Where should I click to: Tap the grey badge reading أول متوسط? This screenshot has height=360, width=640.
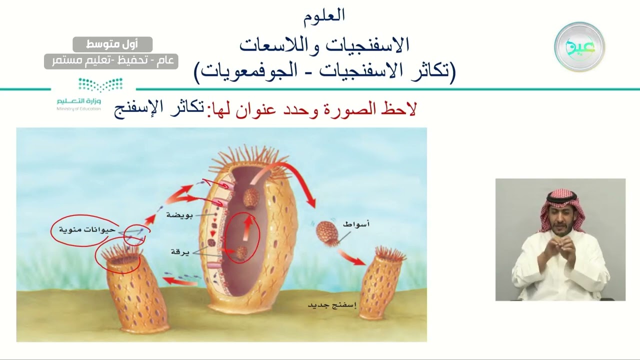pyautogui.click(x=112, y=44)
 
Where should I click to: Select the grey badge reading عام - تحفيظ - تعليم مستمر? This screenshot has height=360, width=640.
pyautogui.click(x=111, y=61)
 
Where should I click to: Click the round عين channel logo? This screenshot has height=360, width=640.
pyautogui.click(x=579, y=47)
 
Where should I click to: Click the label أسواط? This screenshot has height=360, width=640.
pyautogui.click(x=356, y=224)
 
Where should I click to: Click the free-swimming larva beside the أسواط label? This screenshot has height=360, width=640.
pyautogui.click(x=327, y=233)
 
